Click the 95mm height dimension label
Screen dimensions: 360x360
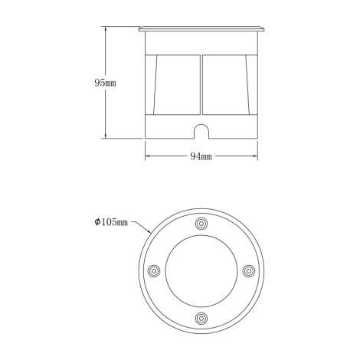[x=99, y=82]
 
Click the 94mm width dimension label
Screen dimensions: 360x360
[x=201, y=157]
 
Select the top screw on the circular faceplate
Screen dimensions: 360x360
[x=201, y=223]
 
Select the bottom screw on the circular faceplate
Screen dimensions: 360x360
[x=201, y=318]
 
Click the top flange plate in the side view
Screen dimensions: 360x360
[x=201, y=30]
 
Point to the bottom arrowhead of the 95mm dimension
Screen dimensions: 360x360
[x=106, y=138]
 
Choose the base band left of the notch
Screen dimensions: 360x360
[x=169, y=128]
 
